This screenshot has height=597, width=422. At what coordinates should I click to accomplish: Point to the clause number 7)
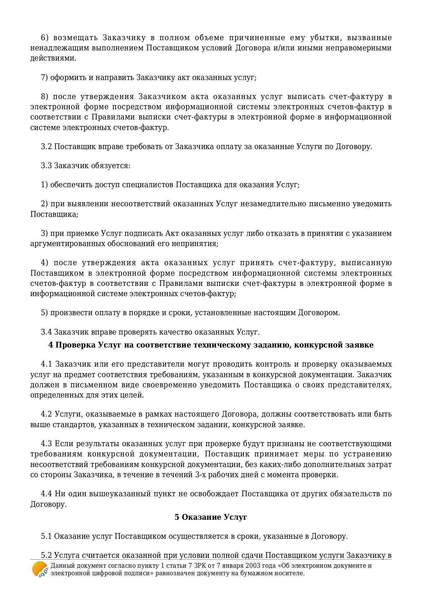[x=45, y=77]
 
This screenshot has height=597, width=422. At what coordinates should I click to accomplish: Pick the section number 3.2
[x=46, y=146]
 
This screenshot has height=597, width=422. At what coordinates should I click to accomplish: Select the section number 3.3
[x=46, y=166]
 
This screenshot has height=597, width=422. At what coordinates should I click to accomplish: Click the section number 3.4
[x=46, y=332]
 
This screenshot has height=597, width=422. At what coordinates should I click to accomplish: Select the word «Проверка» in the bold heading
[x=75, y=345]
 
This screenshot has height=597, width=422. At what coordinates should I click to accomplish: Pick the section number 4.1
[x=47, y=364]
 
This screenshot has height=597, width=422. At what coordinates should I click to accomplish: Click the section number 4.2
[x=47, y=414]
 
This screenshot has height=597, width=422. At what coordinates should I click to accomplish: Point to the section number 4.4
[x=47, y=494]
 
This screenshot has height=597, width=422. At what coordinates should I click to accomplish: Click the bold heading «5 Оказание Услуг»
[x=211, y=517]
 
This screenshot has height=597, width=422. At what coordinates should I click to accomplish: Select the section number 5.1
[x=46, y=536]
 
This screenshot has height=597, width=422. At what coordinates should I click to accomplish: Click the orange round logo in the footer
[x=39, y=569]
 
